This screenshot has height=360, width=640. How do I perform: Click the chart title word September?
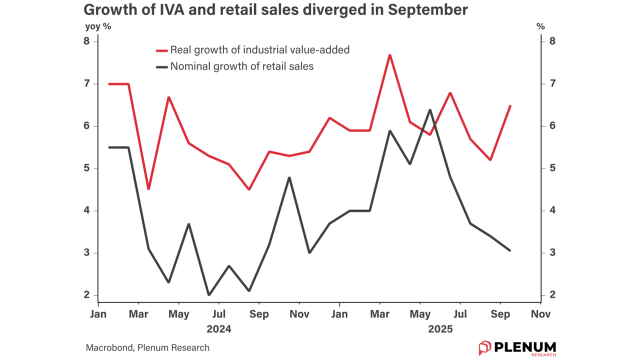coord(428,10)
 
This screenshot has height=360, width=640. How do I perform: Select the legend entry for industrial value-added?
coord(259,50)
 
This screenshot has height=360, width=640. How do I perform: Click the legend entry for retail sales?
coord(241,66)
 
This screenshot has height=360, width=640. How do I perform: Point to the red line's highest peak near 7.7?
coord(389,55)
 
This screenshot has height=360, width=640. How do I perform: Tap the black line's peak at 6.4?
coord(430,109)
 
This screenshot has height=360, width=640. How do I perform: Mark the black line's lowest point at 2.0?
coord(208,295)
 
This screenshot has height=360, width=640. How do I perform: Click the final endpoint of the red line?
coord(510,106)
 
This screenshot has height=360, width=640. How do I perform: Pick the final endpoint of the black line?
coord(510,250)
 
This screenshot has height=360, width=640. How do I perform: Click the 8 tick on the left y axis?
coord(86,41)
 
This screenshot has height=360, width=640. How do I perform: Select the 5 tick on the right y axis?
coord(552,168)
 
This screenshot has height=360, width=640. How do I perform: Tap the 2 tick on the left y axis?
coord(86,295)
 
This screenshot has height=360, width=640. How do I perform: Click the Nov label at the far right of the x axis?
coord(540,314)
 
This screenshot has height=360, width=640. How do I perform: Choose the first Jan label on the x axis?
coord(98,314)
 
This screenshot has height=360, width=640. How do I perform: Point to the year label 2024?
coord(219,329)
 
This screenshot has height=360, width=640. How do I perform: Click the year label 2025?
coord(440,329)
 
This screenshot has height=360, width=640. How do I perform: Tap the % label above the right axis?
coord(540,26)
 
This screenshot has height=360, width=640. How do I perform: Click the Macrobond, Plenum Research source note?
coord(147,347)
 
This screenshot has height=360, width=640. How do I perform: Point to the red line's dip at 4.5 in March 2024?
coord(148,189)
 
